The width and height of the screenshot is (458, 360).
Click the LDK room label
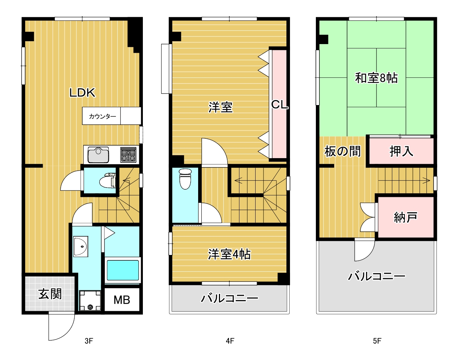pos(82,93)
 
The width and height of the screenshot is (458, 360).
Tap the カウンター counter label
pos(102,116)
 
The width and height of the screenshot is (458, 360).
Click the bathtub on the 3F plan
pos(123,270)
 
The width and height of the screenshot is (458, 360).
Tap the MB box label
pos(122,300)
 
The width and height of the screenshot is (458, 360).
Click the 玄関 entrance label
pos(50,294)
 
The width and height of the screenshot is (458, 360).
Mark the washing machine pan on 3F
pos(89,300)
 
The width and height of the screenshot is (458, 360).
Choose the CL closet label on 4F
pos(279,105)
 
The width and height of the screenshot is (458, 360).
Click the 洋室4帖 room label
pos(229,254)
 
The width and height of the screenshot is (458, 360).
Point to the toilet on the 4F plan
pos(185,179)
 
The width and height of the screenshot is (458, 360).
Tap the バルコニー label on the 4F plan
pos(229,298)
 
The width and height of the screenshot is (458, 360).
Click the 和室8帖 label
pos(376,78)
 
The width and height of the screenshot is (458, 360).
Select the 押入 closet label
pos(401,151)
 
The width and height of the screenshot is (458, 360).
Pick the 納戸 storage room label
pos(405,217)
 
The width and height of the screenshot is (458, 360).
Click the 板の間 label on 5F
pos(342,151)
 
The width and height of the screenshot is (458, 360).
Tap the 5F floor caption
pos(377,341)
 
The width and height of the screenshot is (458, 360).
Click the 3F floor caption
pos(89,341)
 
